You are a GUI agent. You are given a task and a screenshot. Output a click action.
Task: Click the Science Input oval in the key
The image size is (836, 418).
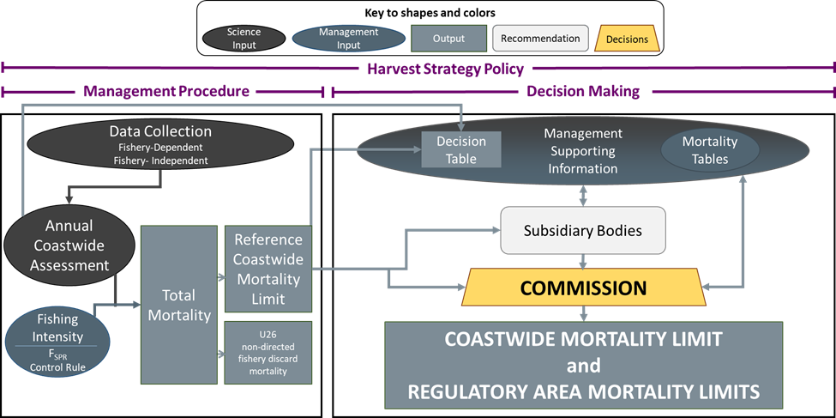[x=244, y=39]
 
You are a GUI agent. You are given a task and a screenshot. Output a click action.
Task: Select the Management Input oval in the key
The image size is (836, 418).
[x=348, y=39]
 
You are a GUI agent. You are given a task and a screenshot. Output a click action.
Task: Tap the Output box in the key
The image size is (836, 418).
[x=448, y=39]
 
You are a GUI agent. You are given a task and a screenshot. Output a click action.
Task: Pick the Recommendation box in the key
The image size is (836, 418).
[x=540, y=39]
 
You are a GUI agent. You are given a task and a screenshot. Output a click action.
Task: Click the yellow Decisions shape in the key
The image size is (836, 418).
[x=627, y=39]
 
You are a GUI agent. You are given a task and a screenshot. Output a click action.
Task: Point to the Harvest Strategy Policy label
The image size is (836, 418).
[x=445, y=69]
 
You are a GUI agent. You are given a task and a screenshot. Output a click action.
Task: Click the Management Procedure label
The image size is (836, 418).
[x=166, y=91]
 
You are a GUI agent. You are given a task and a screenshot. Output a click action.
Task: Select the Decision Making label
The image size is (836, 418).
[x=582, y=91]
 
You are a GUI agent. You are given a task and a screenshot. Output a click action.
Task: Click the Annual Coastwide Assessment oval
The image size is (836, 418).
[x=69, y=248]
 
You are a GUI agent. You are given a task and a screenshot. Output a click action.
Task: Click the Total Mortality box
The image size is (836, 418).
[x=179, y=305]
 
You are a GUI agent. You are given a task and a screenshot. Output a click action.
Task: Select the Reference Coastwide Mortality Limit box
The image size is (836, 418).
[x=268, y=270]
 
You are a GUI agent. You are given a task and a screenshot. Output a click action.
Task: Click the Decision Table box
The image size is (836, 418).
[x=461, y=149]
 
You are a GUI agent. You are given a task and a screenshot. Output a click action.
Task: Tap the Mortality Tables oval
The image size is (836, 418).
[x=710, y=150]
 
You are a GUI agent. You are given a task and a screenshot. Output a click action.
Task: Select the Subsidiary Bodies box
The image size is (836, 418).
[x=582, y=231]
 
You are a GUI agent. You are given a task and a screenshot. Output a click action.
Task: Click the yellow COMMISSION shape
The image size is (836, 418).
[x=582, y=288]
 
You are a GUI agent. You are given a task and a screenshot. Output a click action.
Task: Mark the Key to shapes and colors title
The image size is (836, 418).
[x=430, y=13]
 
